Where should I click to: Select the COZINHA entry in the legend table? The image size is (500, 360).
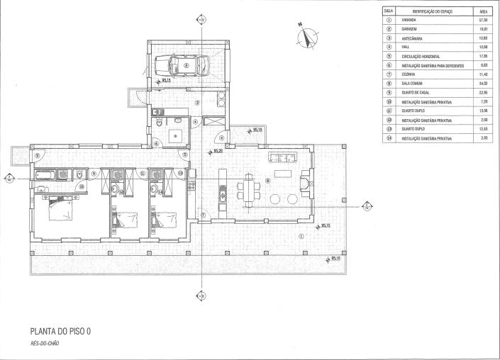[x=409, y=74]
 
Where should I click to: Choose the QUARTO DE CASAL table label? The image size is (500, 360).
[x=416, y=91]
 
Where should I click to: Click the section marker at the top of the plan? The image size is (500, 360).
[x=201, y=21]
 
